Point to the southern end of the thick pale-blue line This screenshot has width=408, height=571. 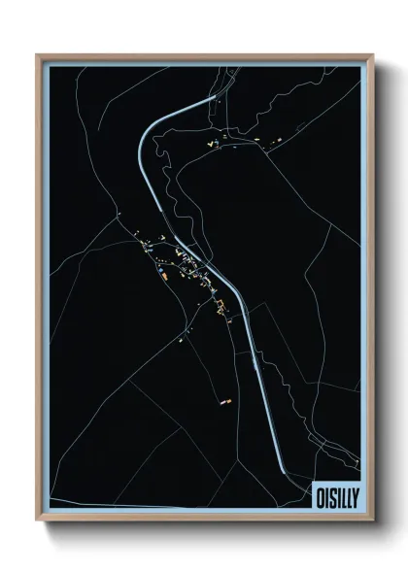point(285,473)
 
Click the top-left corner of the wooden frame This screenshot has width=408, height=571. point(38,55)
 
